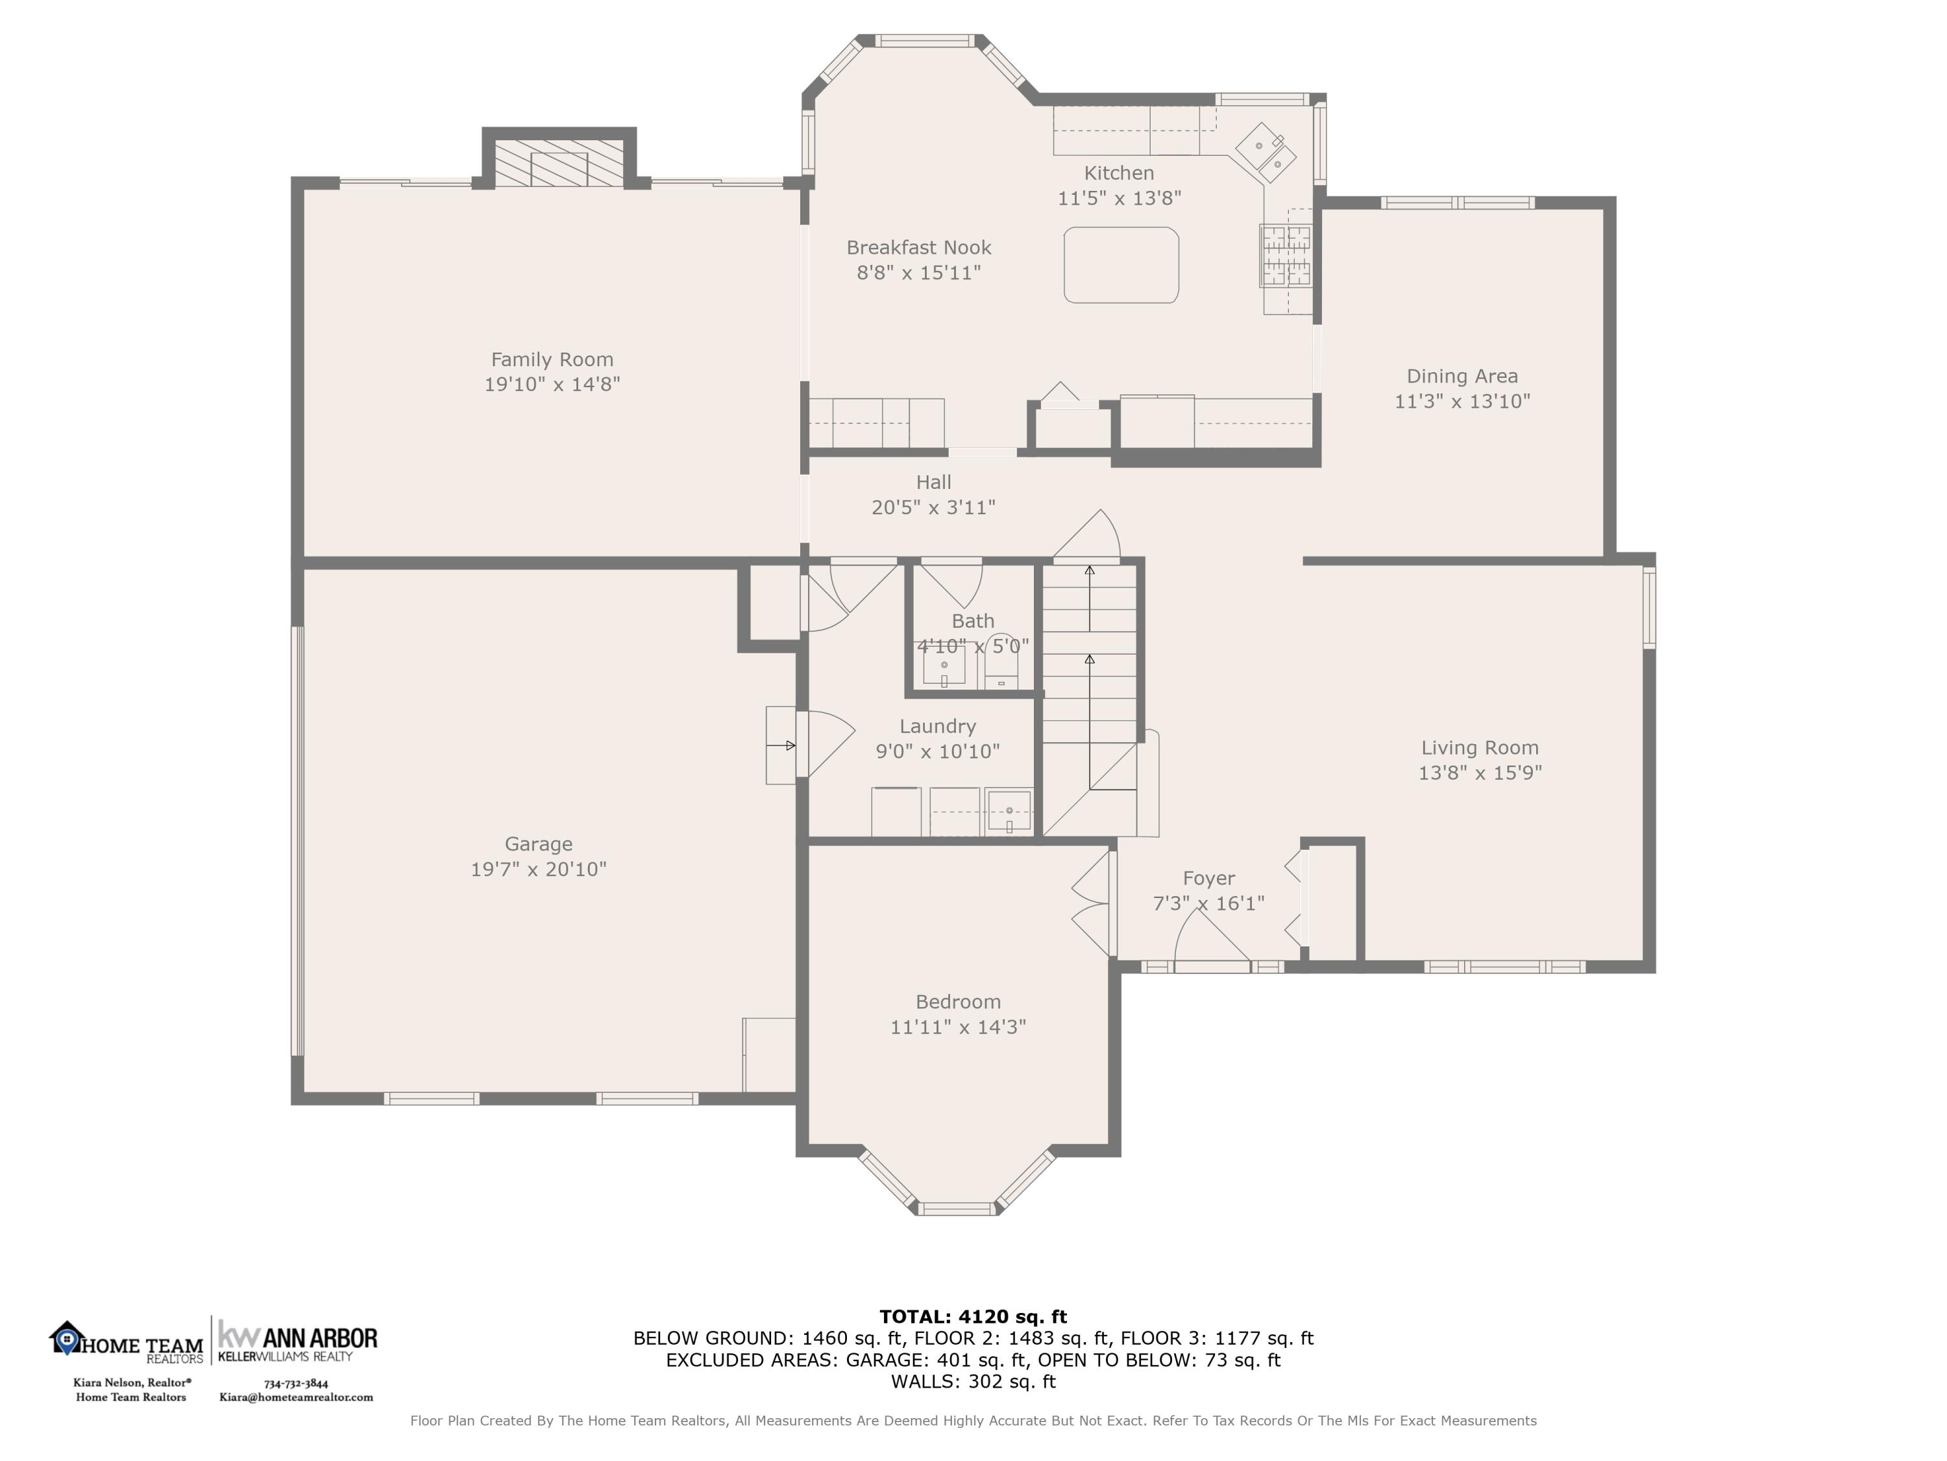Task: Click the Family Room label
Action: coord(552,359)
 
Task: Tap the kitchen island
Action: coord(1121,265)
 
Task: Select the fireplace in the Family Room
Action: coord(559,163)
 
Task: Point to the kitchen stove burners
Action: coord(1286,255)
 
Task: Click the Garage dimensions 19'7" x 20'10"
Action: coord(539,869)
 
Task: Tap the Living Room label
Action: coord(1480,747)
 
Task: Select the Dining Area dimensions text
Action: coord(1462,401)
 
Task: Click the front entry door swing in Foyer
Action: coord(1212,936)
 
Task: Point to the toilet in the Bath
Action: coord(1001,662)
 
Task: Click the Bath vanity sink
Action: coord(944,665)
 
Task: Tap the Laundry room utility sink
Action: coord(1009,811)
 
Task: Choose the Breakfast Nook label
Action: coord(919,247)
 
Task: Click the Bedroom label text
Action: coord(958,1001)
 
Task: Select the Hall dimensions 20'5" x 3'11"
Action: coord(933,507)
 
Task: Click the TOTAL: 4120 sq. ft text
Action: coord(973,1317)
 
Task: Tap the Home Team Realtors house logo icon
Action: coord(66,1338)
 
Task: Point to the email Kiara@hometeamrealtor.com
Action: coord(296,1397)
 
